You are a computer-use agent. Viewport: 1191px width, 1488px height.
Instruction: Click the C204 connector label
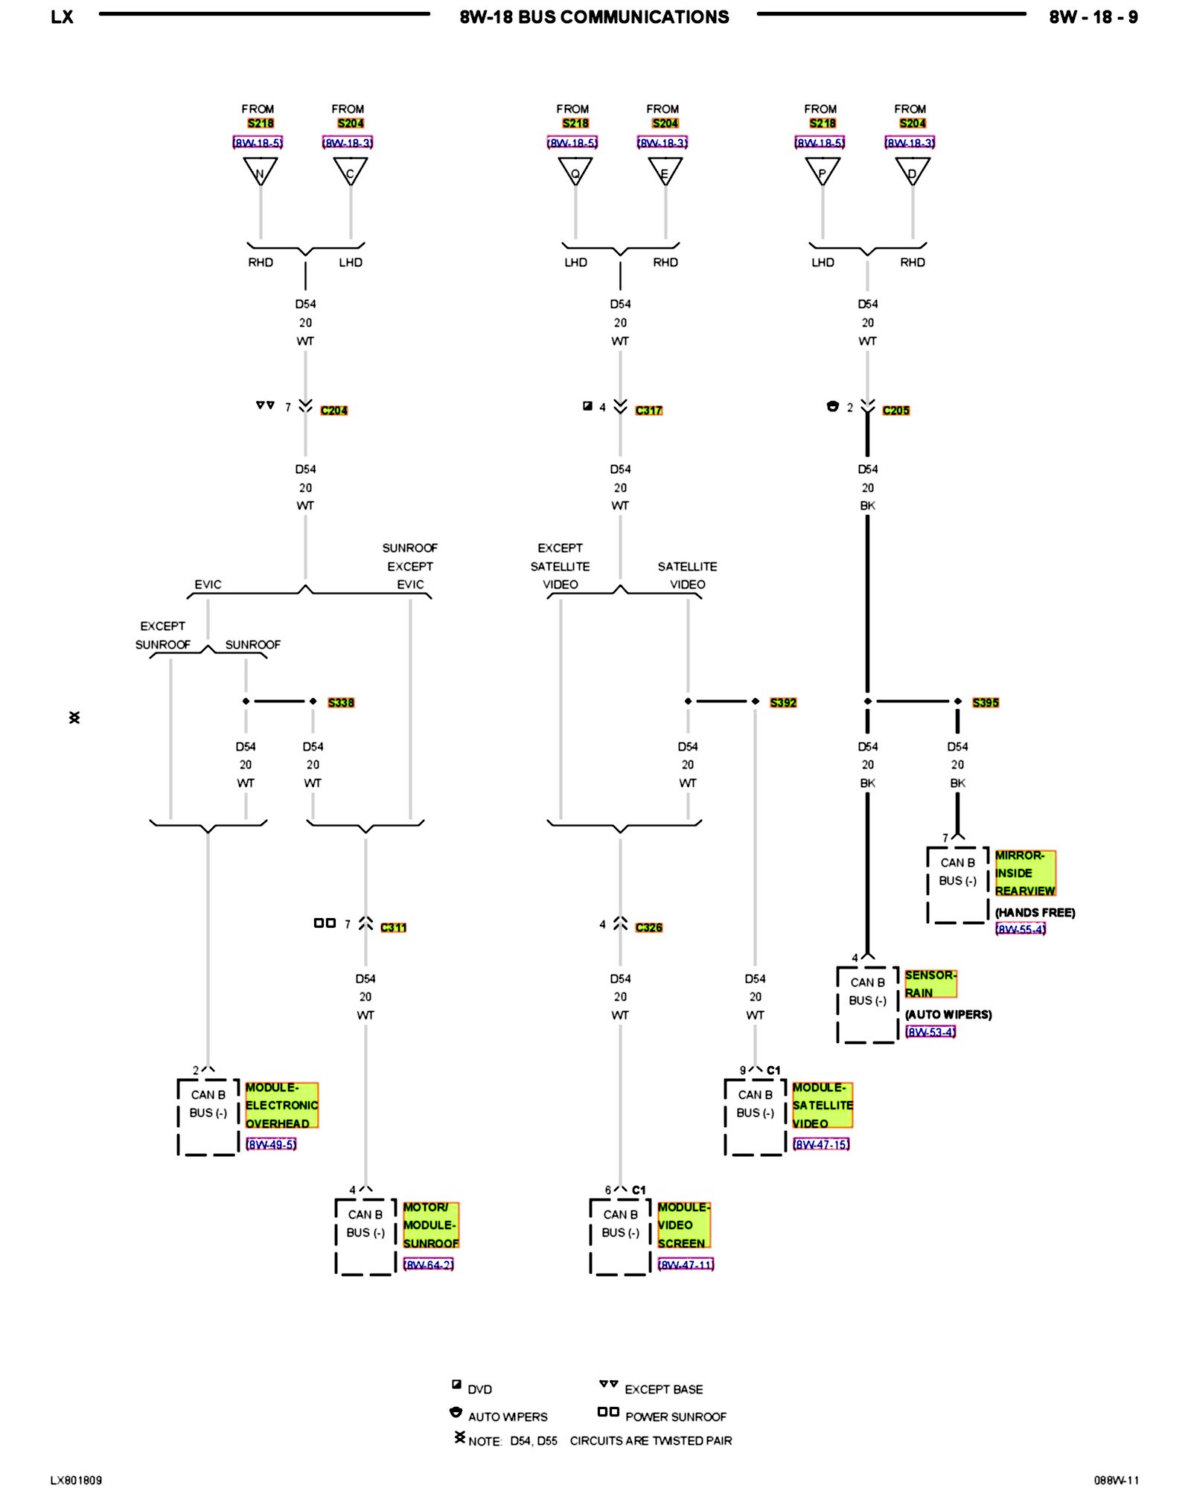click(x=333, y=410)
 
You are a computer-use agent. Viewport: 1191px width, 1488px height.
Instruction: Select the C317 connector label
click(x=648, y=410)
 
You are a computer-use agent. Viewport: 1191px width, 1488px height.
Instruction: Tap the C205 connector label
click(x=895, y=410)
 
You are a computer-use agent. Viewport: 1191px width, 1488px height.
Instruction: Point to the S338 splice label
click(x=341, y=702)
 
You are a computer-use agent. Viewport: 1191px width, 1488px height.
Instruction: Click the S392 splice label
click(x=783, y=702)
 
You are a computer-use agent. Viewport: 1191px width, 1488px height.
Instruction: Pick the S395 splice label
click(x=986, y=702)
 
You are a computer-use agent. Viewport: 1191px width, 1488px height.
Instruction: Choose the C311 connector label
click(x=393, y=927)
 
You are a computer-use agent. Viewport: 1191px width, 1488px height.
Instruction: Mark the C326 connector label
click(x=648, y=927)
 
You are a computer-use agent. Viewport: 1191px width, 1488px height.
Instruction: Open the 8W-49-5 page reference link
click(x=271, y=1144)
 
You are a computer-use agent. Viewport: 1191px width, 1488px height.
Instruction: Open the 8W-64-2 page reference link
click(x=428, y=1264)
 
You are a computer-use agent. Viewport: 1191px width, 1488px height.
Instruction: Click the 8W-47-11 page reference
click(x=686, y=1264)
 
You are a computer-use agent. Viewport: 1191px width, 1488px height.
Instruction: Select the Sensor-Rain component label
click(x=930, y=984)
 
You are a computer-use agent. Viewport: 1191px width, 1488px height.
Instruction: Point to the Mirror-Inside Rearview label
click(x=1025, y=873)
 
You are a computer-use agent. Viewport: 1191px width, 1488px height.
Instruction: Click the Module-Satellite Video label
click(x=822, y=1105)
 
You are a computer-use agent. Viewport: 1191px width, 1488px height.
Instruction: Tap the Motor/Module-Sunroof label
click(x=430, y=1225)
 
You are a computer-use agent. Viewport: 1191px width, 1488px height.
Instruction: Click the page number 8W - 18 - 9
click(x=1093, y=17)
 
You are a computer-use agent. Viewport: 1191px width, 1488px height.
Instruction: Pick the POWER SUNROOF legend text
click(x=675, y=1417)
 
